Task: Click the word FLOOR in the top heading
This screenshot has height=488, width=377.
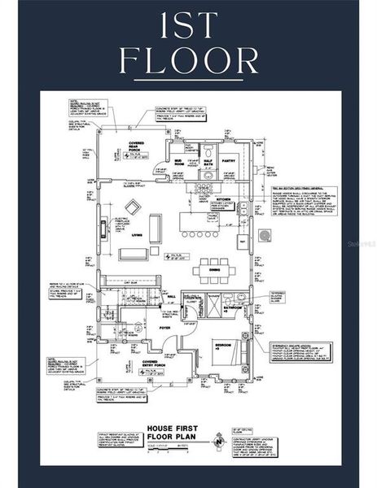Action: pos(188,61)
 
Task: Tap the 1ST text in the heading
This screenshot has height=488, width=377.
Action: pos(188,24)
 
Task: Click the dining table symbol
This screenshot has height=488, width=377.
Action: pos(213,268)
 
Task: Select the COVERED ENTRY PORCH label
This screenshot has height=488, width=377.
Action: pos(150,364)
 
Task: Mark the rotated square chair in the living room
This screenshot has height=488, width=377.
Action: pos(132,207)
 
